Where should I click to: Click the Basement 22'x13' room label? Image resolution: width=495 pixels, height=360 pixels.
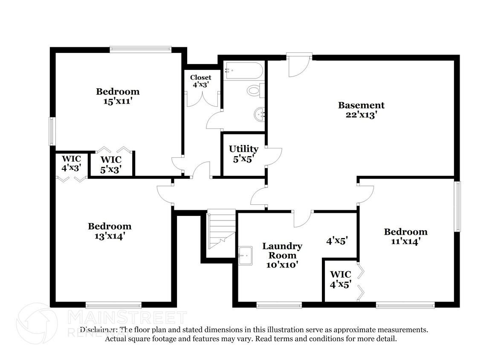coord(361,110)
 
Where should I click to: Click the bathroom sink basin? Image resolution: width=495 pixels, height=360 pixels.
coord(259,114)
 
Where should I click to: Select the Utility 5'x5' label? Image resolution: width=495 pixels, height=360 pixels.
coord(243,154)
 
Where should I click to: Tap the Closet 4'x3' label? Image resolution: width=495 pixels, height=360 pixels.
coord(200,81)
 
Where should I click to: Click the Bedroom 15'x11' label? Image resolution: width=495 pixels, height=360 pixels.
coord(117,96)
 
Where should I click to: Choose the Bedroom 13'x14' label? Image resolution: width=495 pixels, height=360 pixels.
coord(110,231)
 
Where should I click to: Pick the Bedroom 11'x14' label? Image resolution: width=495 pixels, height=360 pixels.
coord(405,236)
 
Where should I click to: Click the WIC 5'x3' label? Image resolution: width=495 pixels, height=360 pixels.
coord(111,164)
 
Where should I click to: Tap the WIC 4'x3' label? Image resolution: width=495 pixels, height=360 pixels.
coord(71,163)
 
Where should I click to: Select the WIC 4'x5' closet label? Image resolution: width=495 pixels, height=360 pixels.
coord(340,279)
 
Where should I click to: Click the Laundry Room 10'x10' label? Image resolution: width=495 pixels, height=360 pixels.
coord(282,255)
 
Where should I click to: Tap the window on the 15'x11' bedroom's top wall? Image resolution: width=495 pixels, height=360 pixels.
coord(140,49)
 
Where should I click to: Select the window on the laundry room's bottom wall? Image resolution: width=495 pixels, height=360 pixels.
coord(279,305)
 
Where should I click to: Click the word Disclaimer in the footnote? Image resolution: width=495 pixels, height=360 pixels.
coord(99,330)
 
